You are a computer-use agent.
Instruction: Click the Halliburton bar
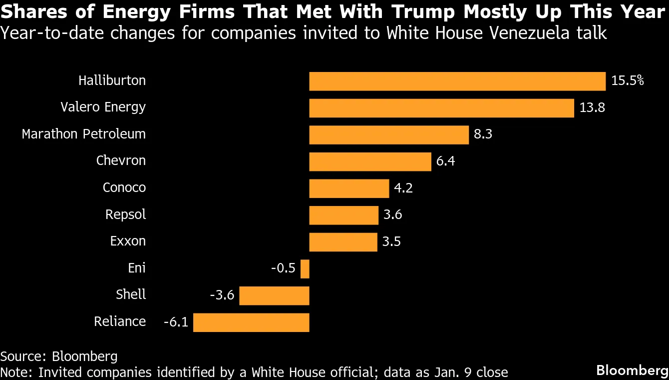457,81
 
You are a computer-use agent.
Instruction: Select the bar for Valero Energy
441,108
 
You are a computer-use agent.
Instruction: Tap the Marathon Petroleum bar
389,134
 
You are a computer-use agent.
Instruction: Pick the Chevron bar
370,161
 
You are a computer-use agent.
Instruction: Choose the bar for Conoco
349,188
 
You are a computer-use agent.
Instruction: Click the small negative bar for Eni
305,268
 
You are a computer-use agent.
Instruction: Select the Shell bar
274,295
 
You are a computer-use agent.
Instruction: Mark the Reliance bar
251,322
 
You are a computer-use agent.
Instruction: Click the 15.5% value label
628,81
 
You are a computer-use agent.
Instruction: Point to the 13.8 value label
592,108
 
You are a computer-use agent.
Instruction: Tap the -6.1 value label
176,322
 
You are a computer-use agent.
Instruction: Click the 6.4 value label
445,161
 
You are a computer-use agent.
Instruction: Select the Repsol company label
126,215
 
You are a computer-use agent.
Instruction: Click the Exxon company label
128,241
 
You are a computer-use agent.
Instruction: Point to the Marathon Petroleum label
84,134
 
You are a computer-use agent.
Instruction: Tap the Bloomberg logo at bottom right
632,370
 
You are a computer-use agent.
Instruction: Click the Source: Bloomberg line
59,356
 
